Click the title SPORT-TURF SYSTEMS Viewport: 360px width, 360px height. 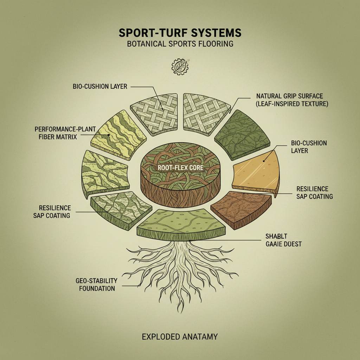pos(180,33)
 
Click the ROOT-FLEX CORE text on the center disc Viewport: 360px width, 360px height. pos(180,168)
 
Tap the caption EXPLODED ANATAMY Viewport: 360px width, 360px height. pos(180,336)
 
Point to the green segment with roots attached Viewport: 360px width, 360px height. pos(181,223)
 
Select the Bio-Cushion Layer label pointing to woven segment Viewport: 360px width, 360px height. pos(100,86)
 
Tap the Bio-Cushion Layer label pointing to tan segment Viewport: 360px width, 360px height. pos(309,147)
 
